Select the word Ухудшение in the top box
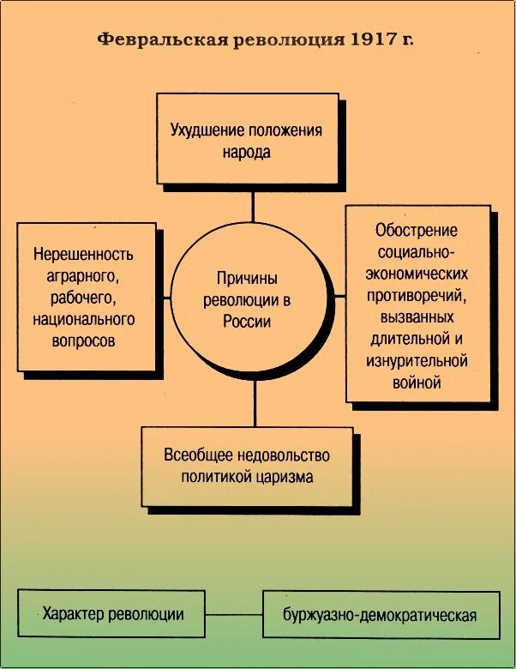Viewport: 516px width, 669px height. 207,131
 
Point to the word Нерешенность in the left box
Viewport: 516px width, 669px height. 84,255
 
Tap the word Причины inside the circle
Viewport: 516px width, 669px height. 248,280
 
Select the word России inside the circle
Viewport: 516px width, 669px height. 248,322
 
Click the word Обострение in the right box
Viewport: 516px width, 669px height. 417,230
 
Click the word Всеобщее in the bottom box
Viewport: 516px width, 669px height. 195,455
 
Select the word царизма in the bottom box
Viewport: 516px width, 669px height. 285,477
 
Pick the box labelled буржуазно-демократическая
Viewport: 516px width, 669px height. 380,615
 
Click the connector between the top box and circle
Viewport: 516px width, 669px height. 254,208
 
